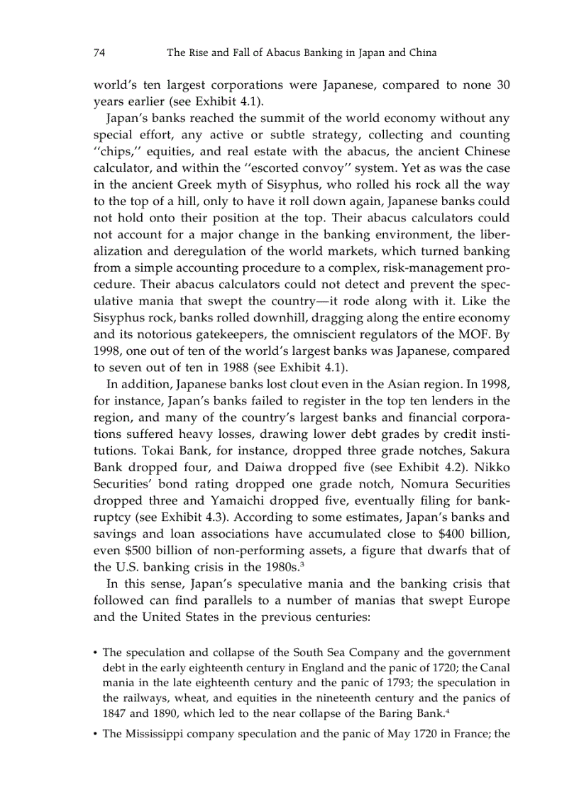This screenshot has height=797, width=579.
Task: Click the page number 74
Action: [99, 53]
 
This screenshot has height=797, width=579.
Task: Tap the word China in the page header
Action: [420, 53]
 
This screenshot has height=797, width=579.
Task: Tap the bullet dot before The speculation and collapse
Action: [96, 652]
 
